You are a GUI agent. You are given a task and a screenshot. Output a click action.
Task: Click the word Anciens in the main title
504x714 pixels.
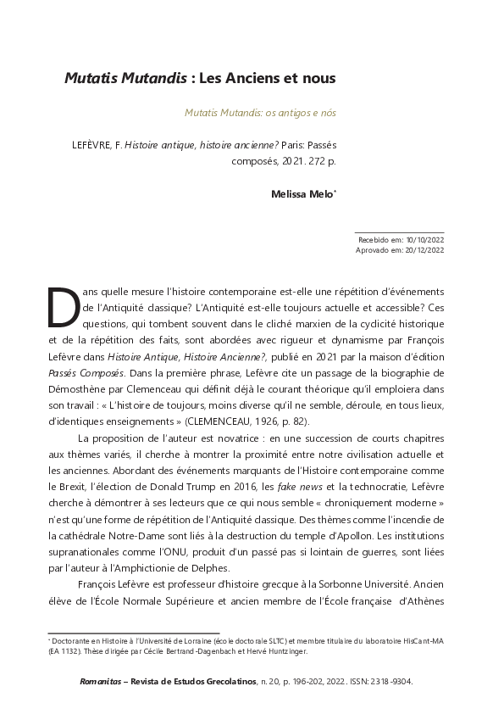254,78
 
